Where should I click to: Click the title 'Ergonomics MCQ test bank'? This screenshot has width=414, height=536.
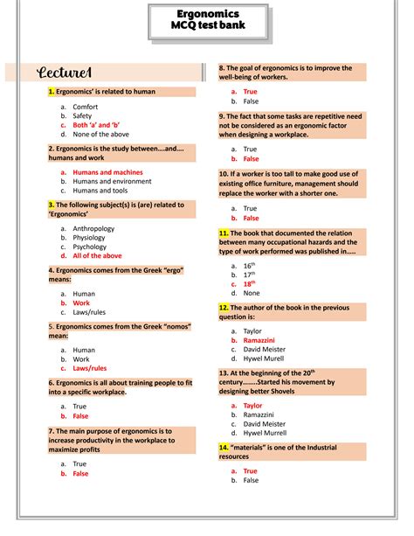[x=206, y=20]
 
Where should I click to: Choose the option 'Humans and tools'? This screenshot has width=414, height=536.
[x=100, y=191]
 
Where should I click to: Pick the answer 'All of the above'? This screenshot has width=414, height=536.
[x=97, y=256]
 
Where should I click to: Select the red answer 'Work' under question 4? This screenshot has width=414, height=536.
[x=81, y=303]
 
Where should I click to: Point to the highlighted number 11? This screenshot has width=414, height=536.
[x=224, y=233]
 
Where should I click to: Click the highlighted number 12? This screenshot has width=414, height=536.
[x=224, y=308]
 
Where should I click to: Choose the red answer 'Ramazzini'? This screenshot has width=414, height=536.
[x=259, y=340]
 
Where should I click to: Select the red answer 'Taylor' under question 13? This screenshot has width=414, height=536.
[x=252, y=406]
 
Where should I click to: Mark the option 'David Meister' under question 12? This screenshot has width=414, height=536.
[x=265, y=350]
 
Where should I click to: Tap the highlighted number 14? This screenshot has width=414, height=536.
[x=224, y=446]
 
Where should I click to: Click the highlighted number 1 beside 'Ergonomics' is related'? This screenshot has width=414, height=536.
[x=52, y=91]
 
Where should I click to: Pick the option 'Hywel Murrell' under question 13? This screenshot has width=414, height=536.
[x=265, y=433]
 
